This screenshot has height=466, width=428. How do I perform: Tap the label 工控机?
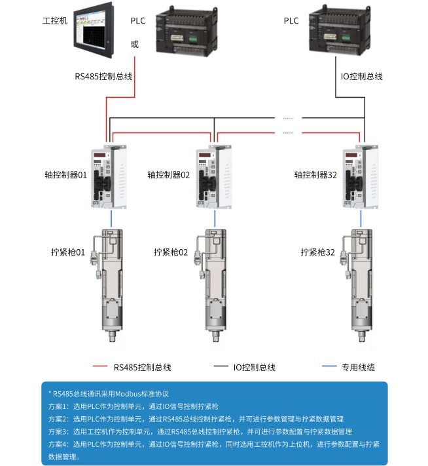pyautogui.click(x=54, y=21)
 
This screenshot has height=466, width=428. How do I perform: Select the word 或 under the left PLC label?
pyautogui.click(x=135, y=45)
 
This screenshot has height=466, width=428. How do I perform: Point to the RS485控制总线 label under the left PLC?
pyautogui.click(x=103, y=77)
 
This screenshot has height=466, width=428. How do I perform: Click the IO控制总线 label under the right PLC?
pyautogui.click(x=361, y=77)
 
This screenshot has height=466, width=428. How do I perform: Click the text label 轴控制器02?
pyautogui.click(x=168, y=175)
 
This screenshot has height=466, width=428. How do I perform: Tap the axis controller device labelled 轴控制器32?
pyautogui.click(x=360, y=176)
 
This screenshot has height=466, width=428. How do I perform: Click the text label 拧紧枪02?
pyautogui.click(x=170, y=252)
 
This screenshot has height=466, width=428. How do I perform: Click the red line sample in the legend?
pyautogui.click(x=100, y=366)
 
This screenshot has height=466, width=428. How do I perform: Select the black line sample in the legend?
pyautogui.click(x=221, y=366)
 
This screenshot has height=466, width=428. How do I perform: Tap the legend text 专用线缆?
pyautogui.click(x=358, y=367)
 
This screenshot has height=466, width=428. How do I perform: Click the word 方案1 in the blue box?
pyautogui.click(x=58, y=406)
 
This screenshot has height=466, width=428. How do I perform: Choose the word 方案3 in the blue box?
pyautogui.click(x=58, y=431)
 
